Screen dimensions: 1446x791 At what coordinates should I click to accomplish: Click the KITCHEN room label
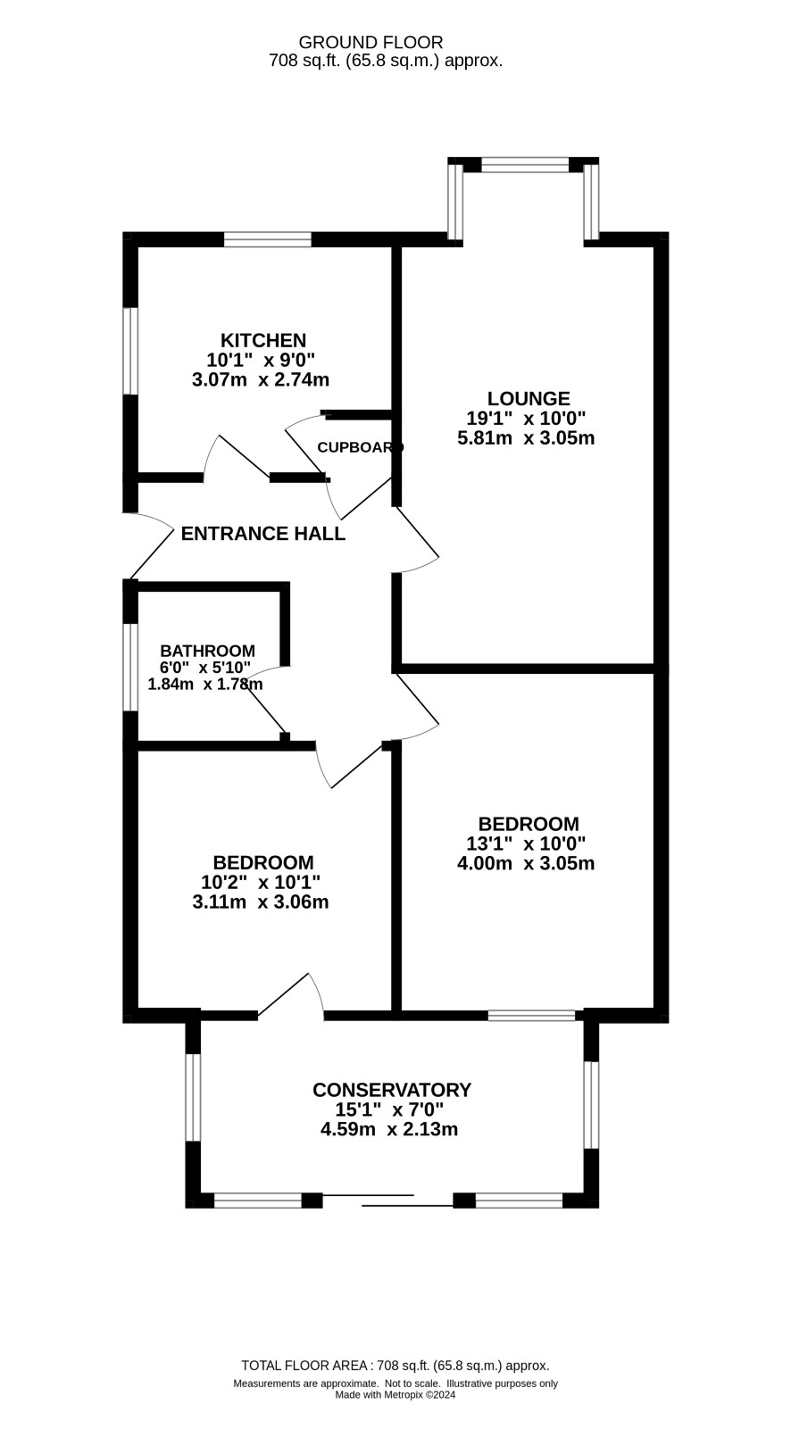tap(263, 340)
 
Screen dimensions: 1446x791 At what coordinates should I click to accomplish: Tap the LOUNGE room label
tap(528, 398)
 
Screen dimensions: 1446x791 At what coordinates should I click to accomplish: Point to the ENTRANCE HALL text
tap(262, 534)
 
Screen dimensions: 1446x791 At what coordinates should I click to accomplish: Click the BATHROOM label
tap(207, 651)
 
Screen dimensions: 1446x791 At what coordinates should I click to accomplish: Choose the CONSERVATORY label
tap(391, 1089)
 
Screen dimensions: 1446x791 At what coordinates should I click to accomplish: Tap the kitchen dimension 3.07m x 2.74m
tap(261, 379)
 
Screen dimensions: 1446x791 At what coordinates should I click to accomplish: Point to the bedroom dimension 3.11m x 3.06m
tap(261, 902)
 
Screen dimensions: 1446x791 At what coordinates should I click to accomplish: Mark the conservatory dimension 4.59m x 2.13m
tap(389, 1129)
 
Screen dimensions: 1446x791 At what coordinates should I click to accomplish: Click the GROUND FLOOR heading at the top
tap(371, 42)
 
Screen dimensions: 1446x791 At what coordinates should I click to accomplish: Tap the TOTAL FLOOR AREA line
tap(395, 1365)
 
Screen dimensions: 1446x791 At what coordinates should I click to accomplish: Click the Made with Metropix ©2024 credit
tap(395, 1395)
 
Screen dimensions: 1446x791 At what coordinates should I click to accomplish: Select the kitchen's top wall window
tap(267, 238)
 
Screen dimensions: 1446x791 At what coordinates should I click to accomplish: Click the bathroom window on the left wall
tap(130, 667)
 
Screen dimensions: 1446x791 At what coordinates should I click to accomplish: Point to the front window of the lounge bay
tap(524, 164)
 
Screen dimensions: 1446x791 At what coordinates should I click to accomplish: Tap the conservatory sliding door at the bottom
tap(388, 1199)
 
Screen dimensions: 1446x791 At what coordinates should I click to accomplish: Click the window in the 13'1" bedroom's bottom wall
tap(531, 1015)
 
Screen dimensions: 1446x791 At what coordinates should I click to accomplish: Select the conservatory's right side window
tap(590, 1103)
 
